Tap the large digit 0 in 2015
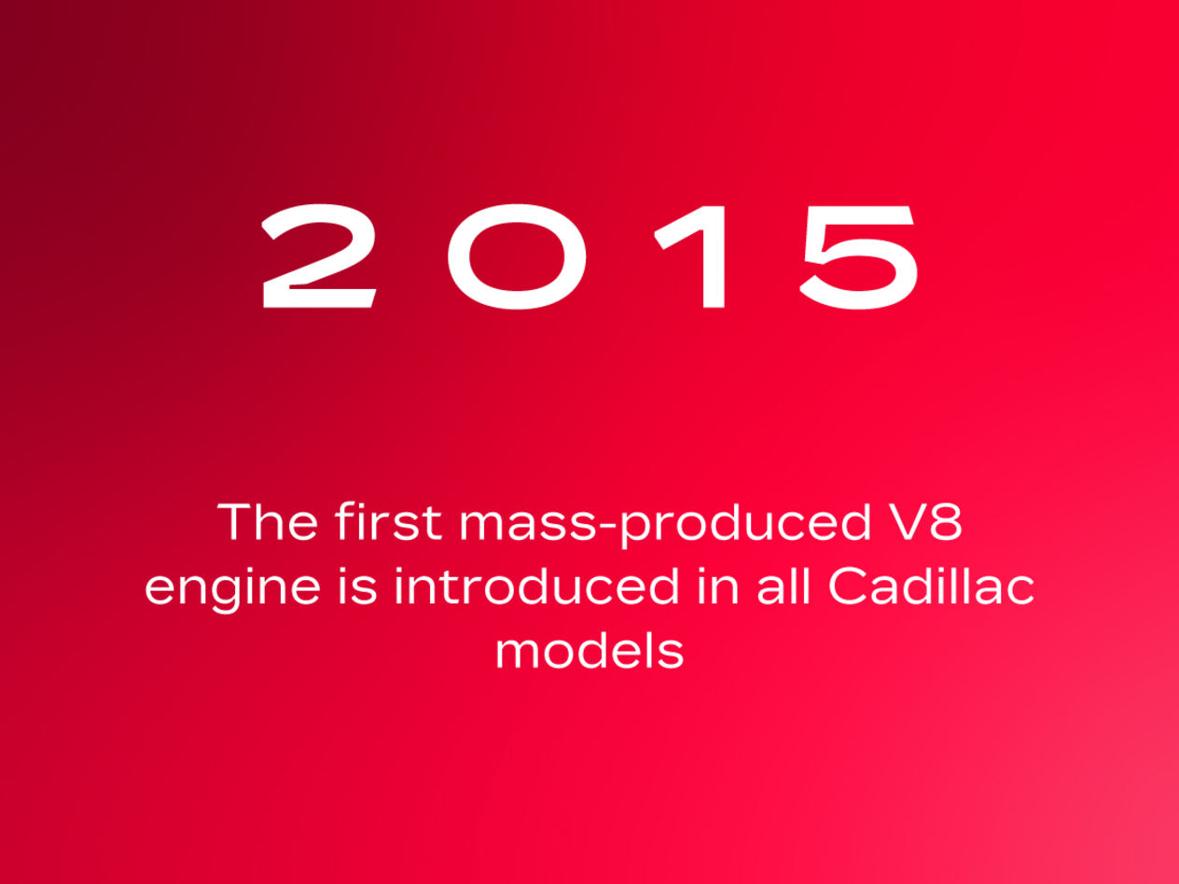517,256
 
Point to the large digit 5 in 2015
858,257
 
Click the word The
267,521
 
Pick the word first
388,520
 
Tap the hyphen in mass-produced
607,528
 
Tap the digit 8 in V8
947,521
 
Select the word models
589,651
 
